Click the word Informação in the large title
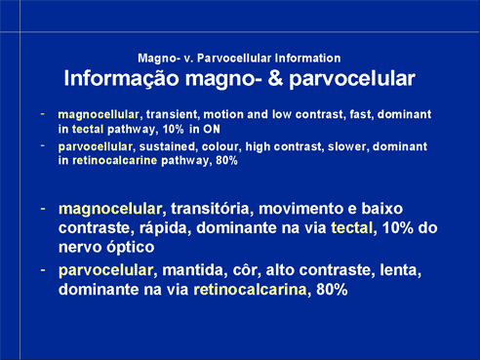[121, 79]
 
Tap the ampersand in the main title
[275, 78]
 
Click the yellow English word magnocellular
[99, 115]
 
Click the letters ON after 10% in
[212, 129]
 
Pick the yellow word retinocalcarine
[114, 160]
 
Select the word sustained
[167, 146]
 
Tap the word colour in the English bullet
[220, 146]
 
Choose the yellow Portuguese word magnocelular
[110, 209]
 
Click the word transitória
[212, 209]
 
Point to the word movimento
[300, 209]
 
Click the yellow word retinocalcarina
[250, 290]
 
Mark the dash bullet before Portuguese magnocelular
[43, 209]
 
